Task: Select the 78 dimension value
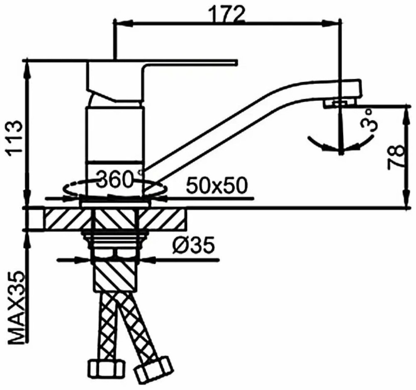pyautogui.click(x=396, y=157)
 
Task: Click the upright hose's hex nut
pyautogui.click(x=104, y=368)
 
